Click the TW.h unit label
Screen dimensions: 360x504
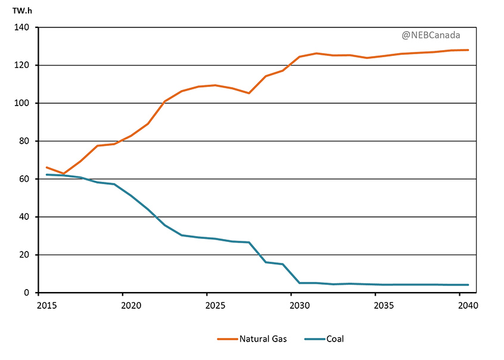click(22, 10)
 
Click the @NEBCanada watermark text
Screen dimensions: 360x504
click(431, 35)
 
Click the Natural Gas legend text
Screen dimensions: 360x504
click(263, 339)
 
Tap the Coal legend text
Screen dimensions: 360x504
click(335, 339)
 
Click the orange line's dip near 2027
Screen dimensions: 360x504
click(249, 93)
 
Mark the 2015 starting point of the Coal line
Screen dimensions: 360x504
click(46, 175)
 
